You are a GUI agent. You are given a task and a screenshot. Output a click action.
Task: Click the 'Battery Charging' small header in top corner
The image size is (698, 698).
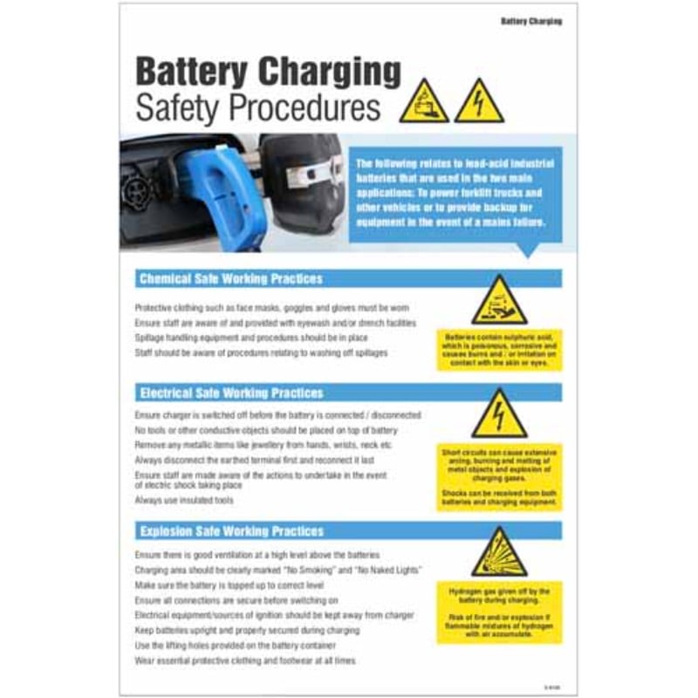(x=531, y=21)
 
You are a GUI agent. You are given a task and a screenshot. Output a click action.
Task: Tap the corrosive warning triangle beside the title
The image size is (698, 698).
(x=424, y=102)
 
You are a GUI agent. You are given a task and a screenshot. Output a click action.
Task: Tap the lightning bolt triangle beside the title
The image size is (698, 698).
(x=479, y=102)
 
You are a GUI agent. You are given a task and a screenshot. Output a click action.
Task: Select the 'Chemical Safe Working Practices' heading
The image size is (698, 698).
(x=231, y=279)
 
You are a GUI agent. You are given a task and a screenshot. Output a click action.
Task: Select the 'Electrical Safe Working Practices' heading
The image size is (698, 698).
(x=231, y=393)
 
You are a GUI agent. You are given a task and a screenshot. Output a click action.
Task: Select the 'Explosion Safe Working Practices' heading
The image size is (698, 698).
(x=231, y=530)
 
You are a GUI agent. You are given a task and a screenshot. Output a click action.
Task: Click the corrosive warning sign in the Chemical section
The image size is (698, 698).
(x=499, y=302)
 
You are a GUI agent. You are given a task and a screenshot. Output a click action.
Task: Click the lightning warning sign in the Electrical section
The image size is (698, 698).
(x=499, y=415)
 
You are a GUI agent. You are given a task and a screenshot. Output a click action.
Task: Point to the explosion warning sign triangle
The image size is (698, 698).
(x=499, y=553)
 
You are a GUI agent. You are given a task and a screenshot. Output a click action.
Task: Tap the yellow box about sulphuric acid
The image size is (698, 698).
(x=499, y=349)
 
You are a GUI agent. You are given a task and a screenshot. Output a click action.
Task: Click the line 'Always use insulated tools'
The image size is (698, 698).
(x=184, y=500)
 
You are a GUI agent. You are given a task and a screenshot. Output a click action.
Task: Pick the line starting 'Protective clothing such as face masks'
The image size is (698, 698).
(x=271, y=308)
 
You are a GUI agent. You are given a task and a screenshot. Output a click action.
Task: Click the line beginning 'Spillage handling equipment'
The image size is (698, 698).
(x=251, y=338)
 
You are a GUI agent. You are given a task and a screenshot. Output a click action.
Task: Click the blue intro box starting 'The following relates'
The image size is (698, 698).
(x=455, y=193)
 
